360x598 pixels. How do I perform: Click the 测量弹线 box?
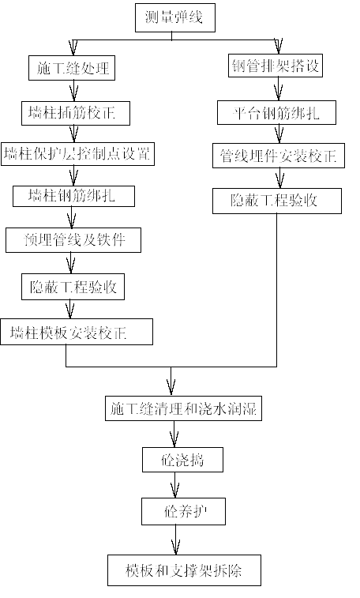tap(175, 17)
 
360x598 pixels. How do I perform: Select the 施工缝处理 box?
tap(72, 68)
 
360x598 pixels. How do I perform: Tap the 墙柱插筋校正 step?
tap(76, 113)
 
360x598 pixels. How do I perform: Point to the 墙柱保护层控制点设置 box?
tap(77, 154)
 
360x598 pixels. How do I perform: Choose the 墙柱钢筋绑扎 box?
tap(74, 197)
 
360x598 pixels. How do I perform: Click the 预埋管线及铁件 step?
tap(73, 240)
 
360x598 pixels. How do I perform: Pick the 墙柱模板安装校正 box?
tap(77, 332)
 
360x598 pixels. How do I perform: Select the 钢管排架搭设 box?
tap(276, 66)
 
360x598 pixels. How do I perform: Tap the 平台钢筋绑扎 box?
tap(276, 112)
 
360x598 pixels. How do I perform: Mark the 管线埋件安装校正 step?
tap(279, 156)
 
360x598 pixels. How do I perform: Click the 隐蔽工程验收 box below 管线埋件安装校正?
tap(277, 201)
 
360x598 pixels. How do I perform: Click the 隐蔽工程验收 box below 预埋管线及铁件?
tap(73, 287)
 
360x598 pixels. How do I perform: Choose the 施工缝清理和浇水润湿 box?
tap(184, 409)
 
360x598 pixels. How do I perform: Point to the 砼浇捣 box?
tap(183, 460)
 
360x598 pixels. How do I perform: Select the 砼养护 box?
tap(184, 511)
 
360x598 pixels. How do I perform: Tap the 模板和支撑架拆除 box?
tap(185, 570)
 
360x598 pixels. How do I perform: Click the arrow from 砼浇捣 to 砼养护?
tap(174, 485)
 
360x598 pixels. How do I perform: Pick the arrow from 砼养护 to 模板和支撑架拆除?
tap(175, 540)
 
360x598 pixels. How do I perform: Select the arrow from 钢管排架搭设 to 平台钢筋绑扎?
tap(279, 88)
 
